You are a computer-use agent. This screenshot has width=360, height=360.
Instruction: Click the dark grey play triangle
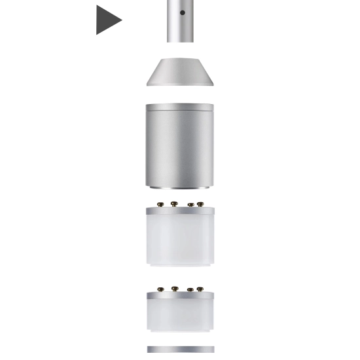click(x=107, y=20)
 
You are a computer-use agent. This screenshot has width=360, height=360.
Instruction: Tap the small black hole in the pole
click(x=182, y=12)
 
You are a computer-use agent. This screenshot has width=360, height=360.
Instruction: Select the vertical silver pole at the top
click(x=180, y=26)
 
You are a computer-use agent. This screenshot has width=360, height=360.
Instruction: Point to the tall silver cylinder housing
click(x=179, y=147)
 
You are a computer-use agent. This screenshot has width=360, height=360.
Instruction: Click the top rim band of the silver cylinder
click(x=179, y=107)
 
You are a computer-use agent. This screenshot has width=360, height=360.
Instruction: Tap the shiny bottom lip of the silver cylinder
click(x=179, y=187)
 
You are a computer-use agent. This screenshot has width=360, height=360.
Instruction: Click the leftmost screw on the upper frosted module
click(x=160, y=205)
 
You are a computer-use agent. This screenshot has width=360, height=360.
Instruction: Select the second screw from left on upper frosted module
click(x=174, y=204)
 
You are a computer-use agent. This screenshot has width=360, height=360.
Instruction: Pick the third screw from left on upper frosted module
click(x=190, y=205)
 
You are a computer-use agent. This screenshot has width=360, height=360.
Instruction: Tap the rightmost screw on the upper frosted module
click(x=200, y=204)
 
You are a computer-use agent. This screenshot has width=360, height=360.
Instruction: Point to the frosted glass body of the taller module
click(x=180, y=240)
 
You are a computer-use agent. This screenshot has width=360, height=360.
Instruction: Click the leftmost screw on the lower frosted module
click(x=160, y=289)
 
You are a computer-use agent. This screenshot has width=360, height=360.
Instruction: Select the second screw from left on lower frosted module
click(x=174, y=288)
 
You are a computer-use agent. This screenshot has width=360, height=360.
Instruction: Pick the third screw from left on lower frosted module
click(x=190, y=289)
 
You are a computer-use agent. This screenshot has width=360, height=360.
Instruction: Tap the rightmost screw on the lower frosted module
click(x=200, y=289)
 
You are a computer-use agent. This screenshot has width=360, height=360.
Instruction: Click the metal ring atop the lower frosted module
click(x=180, y=296)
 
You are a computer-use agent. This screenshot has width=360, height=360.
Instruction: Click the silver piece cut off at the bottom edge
click(x=180, y=350)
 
